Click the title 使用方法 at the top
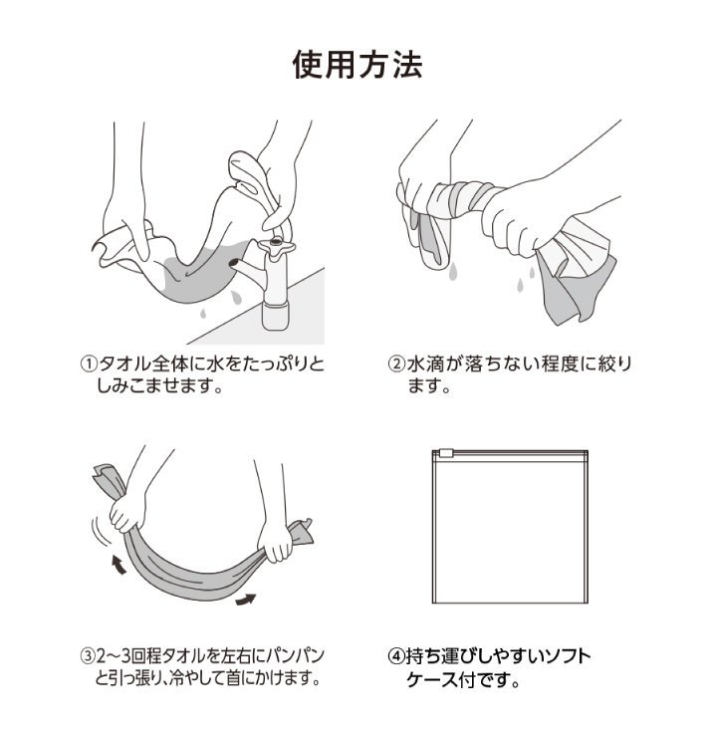tap(358, 66)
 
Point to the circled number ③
tap(88, 657)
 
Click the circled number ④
tap(395, 657)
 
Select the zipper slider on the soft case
tap(447, 453)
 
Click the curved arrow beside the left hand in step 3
tap(119, 566)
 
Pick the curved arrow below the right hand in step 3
tap(245, 599)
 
